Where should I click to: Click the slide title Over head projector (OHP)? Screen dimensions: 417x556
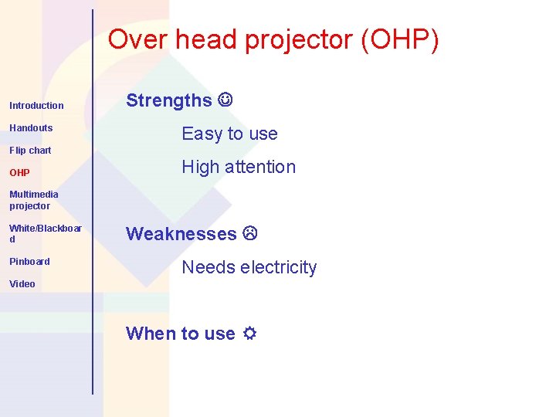click(x=273, y=39)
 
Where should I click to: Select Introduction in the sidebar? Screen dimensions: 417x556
click(x=36, y=105)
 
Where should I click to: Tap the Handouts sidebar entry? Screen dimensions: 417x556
click(x=31, y=127)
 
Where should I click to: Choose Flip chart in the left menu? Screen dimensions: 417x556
click(x=30, y=150)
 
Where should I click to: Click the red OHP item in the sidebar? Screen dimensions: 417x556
click(x=19, y=173)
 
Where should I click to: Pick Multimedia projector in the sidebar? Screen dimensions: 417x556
click(x=33, y=200)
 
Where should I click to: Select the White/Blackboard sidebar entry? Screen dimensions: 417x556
click(x=45, y=233)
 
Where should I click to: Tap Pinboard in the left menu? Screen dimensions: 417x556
click(x=29, y=261)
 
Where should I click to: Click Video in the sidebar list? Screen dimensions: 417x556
click(x=22, y=283)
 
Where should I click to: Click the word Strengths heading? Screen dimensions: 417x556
click(x=168, y=100)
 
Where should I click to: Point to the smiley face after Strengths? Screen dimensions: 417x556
click(x=225, y=100)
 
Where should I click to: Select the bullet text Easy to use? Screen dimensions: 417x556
click(x=229, y=134)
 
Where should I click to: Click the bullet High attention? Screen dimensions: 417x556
click(x=239, y=167)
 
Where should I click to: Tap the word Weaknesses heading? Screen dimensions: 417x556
click(x=181, y=234)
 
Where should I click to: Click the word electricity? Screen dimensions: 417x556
click(x=278, y=267)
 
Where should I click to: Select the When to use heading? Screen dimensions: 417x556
click(x=180, y=334)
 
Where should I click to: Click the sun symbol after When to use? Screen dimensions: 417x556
click(x=249, y=334)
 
